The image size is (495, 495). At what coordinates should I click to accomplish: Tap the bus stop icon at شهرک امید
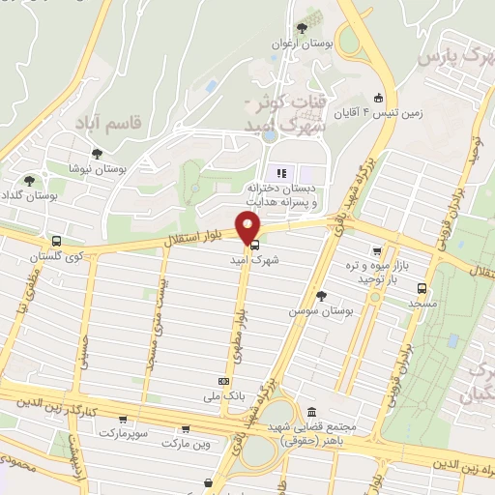point(254,246)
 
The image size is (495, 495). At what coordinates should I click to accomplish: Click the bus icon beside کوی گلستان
point(56,241)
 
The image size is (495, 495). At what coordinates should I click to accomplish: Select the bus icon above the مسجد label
point(422,287)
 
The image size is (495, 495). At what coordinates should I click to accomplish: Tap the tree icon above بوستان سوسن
point(322,296)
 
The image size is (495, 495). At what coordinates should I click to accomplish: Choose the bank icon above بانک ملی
point(224,381)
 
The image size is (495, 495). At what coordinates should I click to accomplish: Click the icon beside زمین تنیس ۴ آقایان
point(378,98)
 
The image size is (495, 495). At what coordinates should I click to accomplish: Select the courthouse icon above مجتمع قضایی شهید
point(311,411)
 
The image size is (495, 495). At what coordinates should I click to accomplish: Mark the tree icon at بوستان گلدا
point(29,180)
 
